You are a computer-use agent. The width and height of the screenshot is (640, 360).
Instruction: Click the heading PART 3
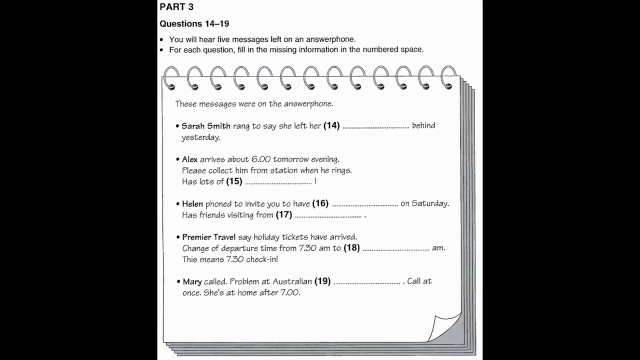coord(176,7)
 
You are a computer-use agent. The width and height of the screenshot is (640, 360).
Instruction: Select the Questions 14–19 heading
coord(194,24)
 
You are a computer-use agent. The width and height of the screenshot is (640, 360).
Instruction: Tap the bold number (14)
coord(331,125)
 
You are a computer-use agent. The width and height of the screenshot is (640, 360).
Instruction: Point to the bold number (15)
coord(234,181)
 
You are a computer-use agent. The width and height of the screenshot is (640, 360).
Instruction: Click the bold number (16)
coord(320,203)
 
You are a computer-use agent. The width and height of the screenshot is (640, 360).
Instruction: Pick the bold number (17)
coord(283,215)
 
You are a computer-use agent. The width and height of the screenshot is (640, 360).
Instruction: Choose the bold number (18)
coord(351,247)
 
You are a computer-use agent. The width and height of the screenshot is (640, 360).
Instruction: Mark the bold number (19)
coord(322,281)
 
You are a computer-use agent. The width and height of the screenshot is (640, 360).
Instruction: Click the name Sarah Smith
coord(206,126)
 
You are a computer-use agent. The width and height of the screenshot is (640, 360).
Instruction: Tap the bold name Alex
coord(190,159)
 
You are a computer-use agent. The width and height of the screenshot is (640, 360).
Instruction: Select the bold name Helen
coord(192,204)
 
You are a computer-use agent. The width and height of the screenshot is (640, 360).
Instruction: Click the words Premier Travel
coord(208,237)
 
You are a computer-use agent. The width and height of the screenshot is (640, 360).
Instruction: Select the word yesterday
coord(200,137)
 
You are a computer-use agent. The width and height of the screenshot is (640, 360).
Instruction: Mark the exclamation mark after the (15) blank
coord(315,181)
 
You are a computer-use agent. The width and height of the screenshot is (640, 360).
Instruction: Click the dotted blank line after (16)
coord(364,204)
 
